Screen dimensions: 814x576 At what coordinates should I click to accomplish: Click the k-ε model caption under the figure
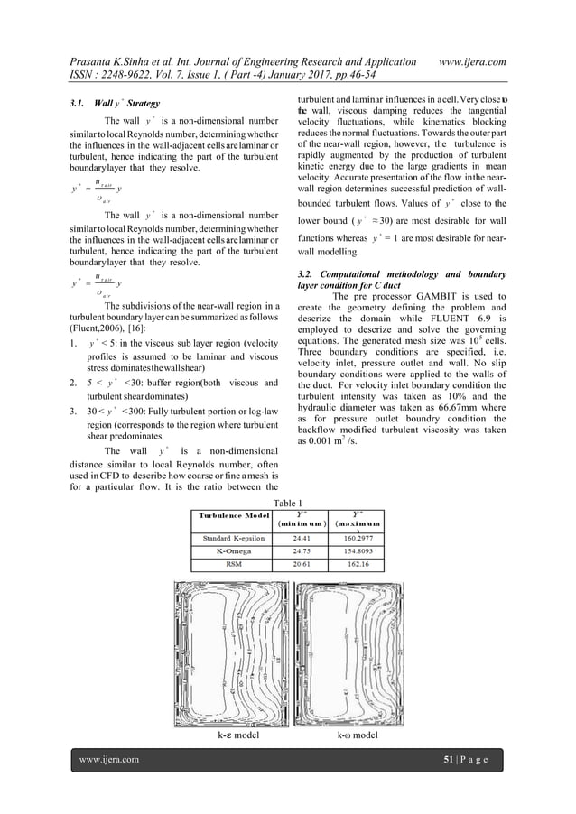(235, 735)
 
